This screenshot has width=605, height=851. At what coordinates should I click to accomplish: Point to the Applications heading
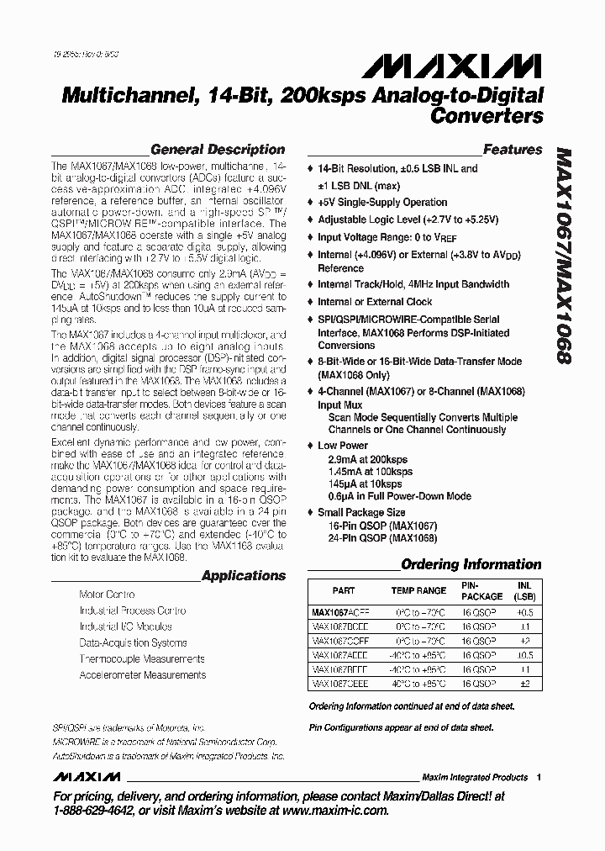pos(244,576)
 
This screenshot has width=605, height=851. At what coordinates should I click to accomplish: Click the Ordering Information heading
pos(471,564)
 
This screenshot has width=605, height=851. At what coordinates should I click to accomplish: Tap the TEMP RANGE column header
pos(420,591)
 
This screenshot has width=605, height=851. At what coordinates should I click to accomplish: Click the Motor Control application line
pos(107,595)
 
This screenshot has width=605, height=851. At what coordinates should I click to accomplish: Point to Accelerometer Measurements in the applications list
pos(142,675)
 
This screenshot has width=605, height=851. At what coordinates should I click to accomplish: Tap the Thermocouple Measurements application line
pos(142,659)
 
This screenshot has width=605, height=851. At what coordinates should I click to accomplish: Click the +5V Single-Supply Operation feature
pos(382,203)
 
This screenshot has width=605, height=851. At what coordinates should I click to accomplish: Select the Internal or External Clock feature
pos(375,302)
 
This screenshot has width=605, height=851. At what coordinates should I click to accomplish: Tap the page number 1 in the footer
pos(539,778)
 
